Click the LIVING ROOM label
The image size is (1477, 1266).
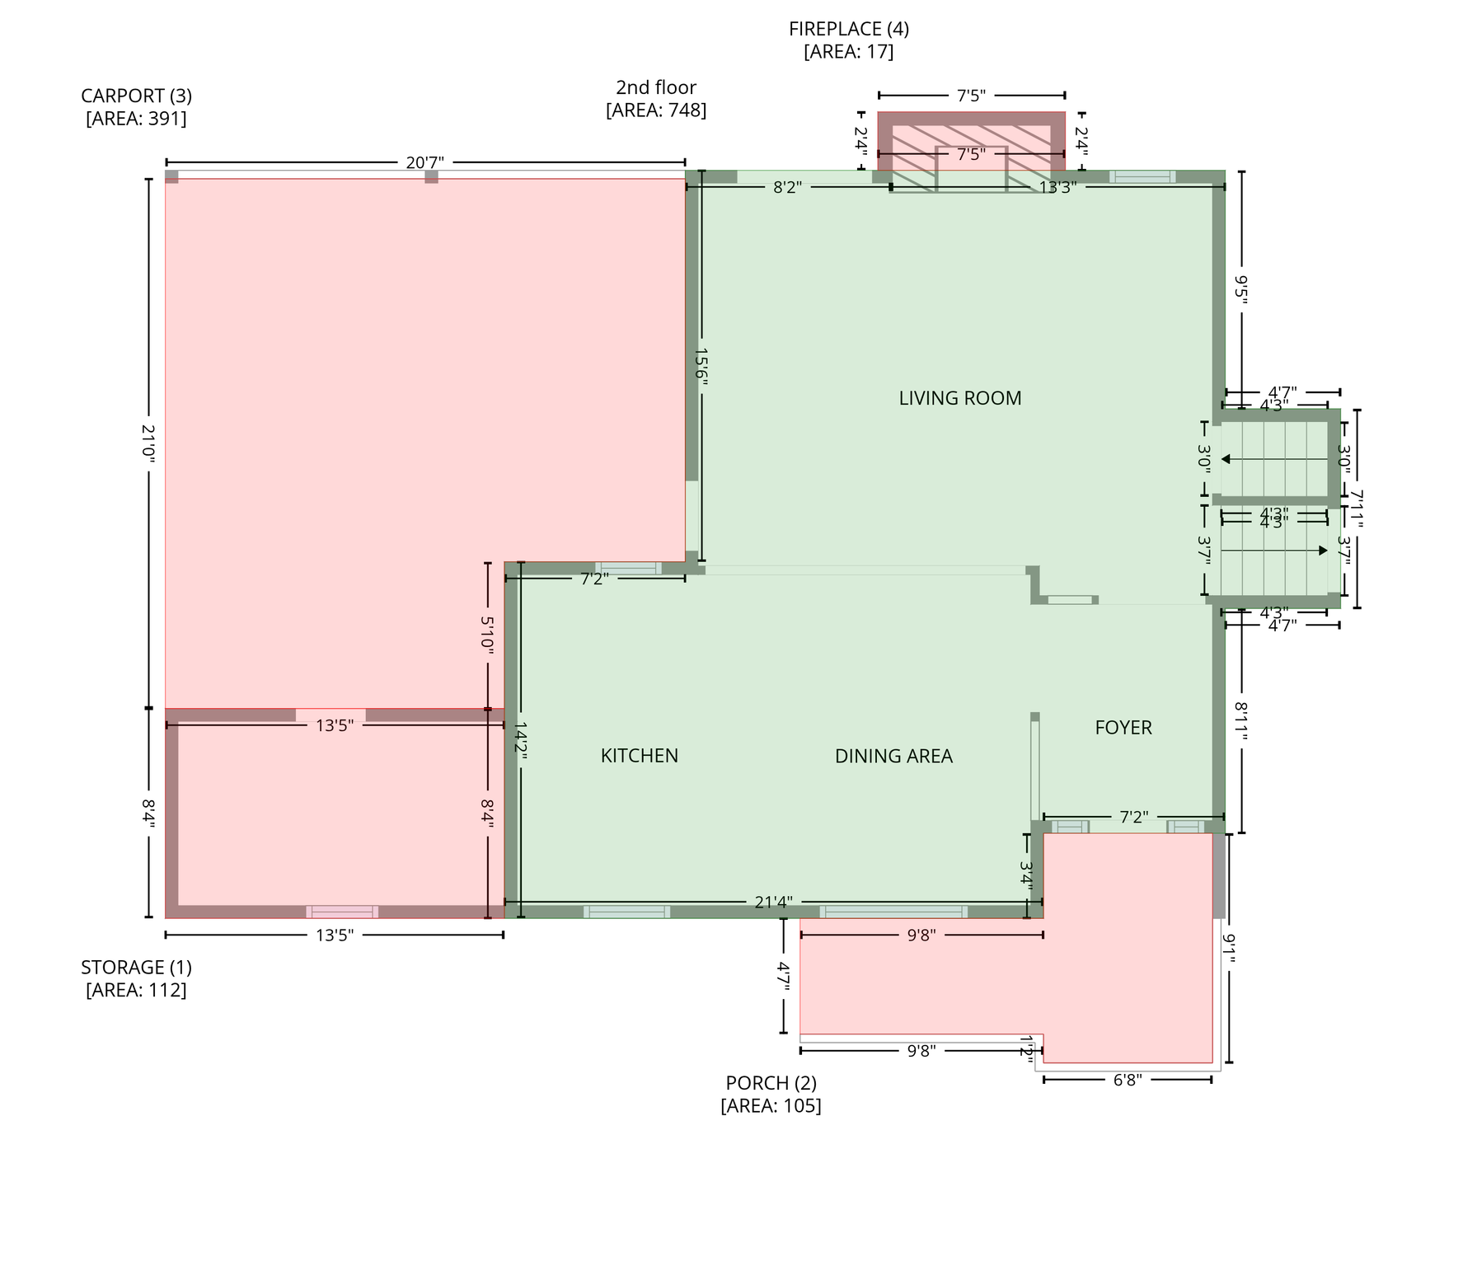960,398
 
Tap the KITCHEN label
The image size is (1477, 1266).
640,756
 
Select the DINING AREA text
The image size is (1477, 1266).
893,756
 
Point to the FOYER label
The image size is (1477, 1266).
1123,728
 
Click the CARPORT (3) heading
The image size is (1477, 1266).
136,96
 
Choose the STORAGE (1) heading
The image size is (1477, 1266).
136,967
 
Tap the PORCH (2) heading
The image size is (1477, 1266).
771,1082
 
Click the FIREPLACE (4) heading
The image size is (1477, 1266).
849,29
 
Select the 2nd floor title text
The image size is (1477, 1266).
656,87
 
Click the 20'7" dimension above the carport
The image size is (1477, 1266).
425,162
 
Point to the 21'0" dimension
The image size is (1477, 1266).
149,443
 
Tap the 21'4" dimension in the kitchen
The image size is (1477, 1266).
774,903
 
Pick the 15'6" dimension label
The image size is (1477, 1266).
701,363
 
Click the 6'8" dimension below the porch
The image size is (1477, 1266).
1128,1080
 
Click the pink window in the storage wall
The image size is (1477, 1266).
342,912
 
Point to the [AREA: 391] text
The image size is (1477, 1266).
136,119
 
